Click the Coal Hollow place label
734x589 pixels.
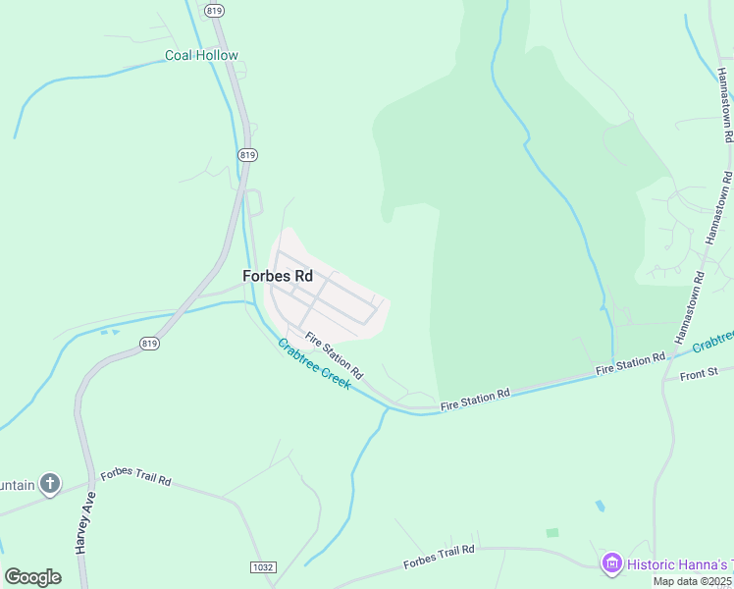tap(201, 55)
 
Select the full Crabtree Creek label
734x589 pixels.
tap(314, 364)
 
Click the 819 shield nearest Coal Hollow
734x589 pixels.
tap(215, 10)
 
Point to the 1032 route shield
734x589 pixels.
tap(262, 567)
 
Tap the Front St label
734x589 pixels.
tap(700, 374)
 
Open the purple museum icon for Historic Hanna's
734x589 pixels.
tap(612, 563)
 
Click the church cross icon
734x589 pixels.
tap(50, 483)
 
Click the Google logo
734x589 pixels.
tap(32, 576)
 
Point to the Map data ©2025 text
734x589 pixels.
tap(693, 581)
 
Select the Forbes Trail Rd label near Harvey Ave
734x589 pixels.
tap(135, 476)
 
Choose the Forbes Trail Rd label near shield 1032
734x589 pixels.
tap(439, 557)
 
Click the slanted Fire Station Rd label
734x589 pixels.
tap(334, 356)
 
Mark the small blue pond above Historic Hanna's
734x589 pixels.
tap(600, 507)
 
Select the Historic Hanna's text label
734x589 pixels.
tap(679, 564)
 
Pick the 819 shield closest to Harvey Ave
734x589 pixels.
tap(149, 343)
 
